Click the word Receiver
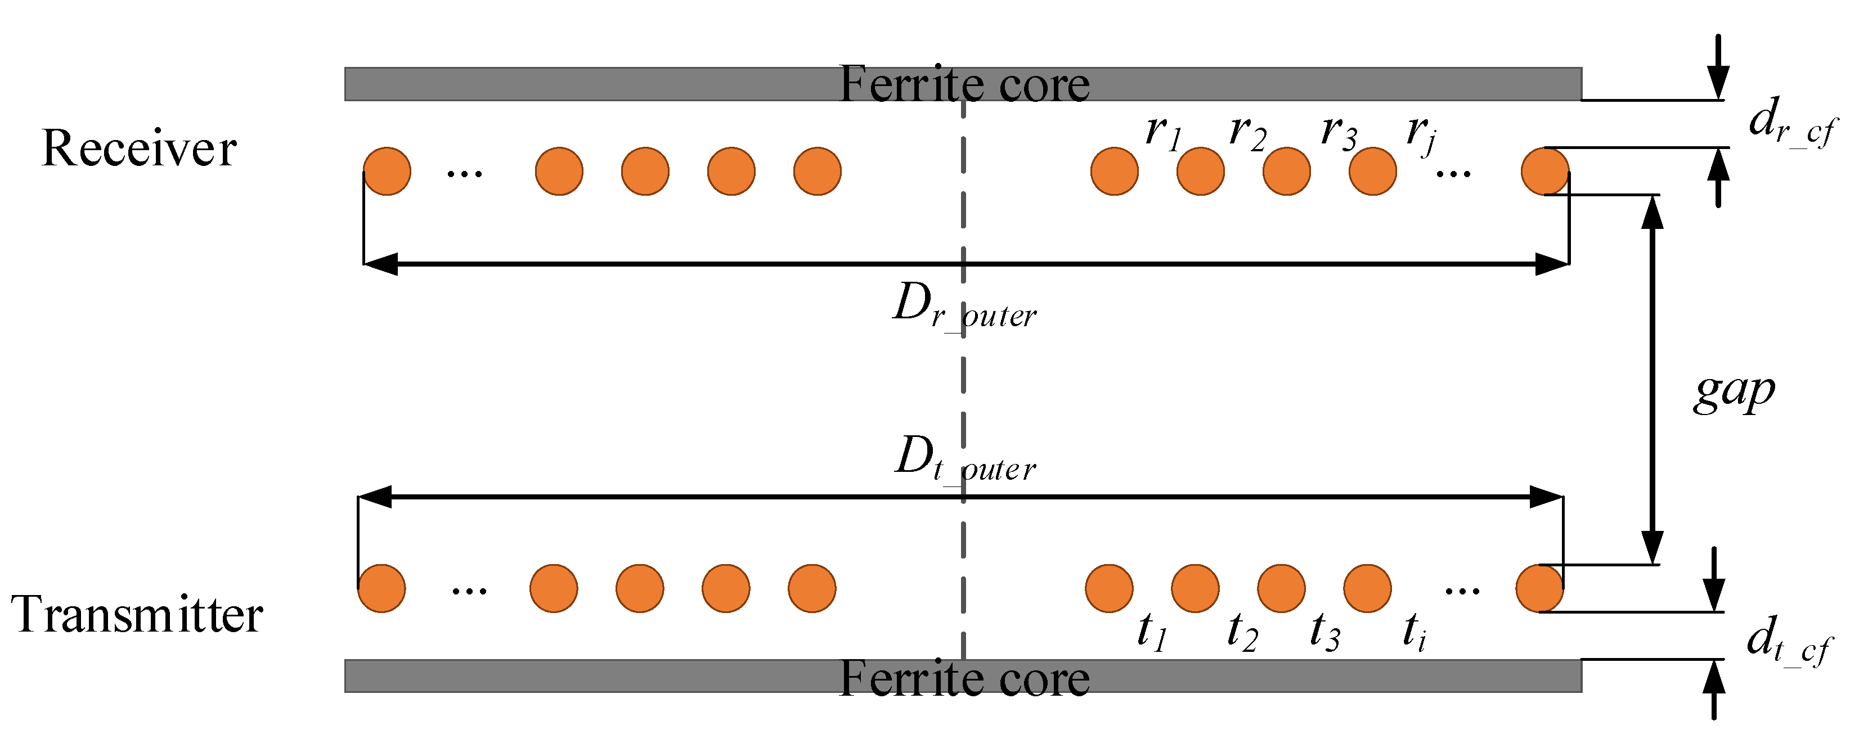138,148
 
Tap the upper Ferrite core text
964,84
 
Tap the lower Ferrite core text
964,678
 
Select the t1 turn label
1152,631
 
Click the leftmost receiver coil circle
387,172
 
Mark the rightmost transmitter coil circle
1539,589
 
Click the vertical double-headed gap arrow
1653,380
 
